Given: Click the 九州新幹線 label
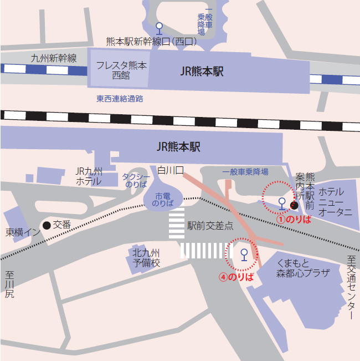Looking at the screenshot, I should [x=54, y=58].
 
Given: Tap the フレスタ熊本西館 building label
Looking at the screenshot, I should [x=121, y=70].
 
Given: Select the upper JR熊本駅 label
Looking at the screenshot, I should [x=202, y=72].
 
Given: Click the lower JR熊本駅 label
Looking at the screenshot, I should [x=178, y=146].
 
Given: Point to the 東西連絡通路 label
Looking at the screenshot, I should [x=120, y=99].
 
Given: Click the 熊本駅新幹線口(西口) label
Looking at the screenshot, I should [x=152, y=42].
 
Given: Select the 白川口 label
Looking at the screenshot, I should [x=170, y=170].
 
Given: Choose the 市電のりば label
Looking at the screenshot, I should [x=163, y=200].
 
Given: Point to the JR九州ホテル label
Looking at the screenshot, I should [x=89, y=176].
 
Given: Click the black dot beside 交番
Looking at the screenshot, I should [x=47, y=225].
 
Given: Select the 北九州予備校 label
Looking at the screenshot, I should [x=146, y=258].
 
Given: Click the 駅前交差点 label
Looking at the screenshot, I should [x=210, y=226].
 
